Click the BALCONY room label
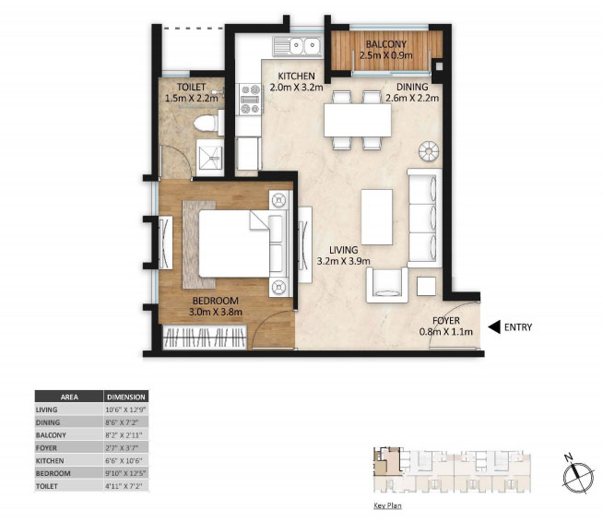(385, 44)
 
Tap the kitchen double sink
(298, 47)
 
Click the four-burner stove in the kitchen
(250, 100)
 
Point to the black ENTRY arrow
(494, 327)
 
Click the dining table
(358, 120)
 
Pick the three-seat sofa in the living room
(424, 218)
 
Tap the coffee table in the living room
(377, 217)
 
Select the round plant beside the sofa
(429, 151)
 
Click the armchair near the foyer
(387, 285)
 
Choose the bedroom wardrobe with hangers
(205, 338)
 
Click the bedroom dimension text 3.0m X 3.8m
(216, 312)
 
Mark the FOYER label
(446, 320)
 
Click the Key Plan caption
(387, 505)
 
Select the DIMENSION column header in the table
(126, 397)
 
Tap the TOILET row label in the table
(46, 486)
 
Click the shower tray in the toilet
(209, 158)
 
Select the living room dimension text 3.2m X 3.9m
(343, 261)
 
